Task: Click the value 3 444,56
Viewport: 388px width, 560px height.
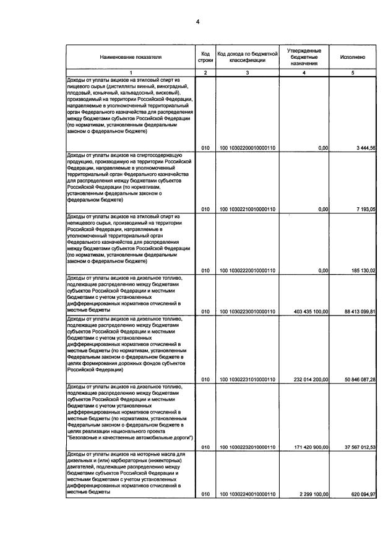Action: coord(361,147)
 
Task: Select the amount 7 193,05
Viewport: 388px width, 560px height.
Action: coord(361,209)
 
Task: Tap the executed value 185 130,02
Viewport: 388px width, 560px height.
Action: coord(358,270)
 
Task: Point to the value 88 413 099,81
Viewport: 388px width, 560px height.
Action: coord(355,311)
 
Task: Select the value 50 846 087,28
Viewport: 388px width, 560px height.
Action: coord(355,379)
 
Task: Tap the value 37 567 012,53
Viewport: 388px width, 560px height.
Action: coord(355,447)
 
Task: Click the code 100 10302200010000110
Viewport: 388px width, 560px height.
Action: coord(247,147)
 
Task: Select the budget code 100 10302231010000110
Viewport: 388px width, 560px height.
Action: coord(247,379)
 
